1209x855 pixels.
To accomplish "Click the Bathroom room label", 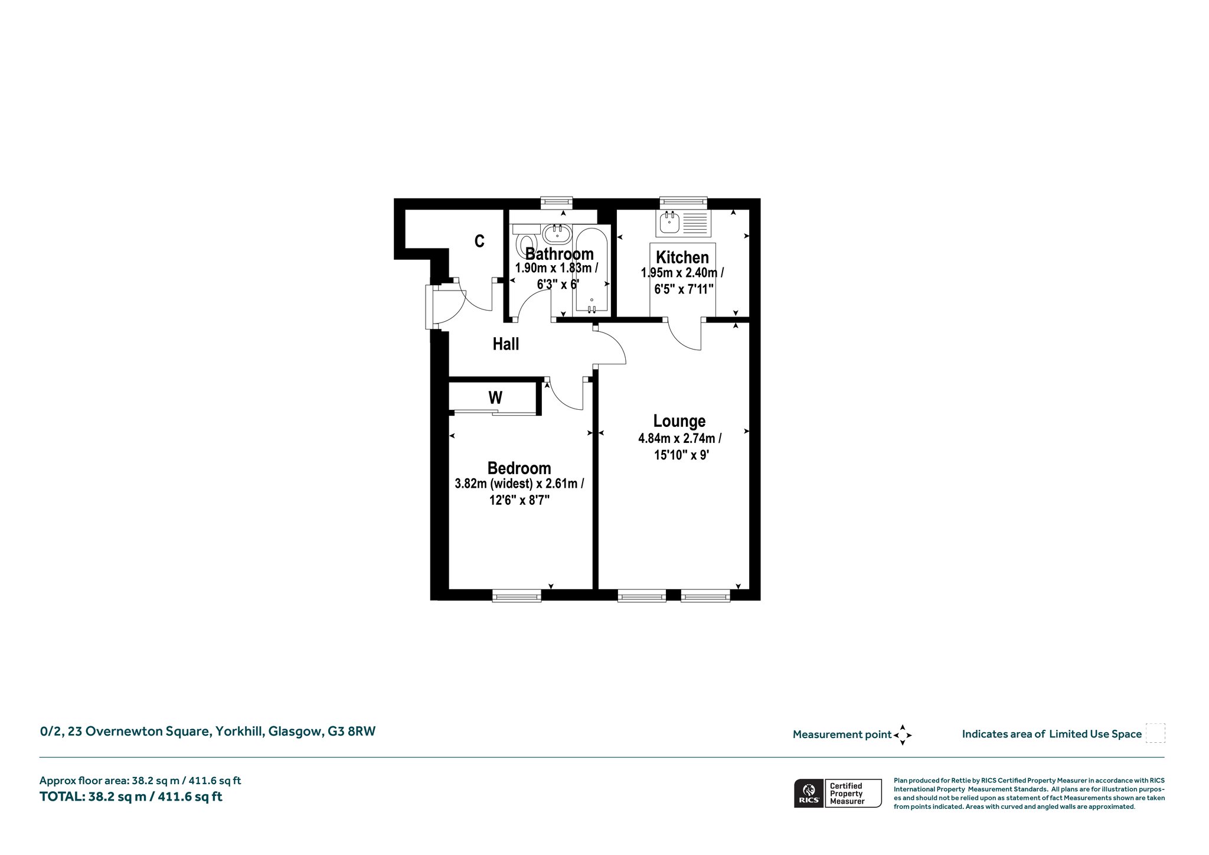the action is pos(559,254).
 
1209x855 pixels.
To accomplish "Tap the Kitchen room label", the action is pos(682,257).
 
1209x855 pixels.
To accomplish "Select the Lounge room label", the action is pos(679,421).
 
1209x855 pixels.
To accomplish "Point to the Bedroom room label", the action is pos(519,468).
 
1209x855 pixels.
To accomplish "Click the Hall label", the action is pos(506,344).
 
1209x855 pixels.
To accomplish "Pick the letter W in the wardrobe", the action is pos(495,398).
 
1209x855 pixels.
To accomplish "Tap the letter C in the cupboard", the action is pos(479,241).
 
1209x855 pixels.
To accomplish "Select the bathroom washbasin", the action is pos(557,234).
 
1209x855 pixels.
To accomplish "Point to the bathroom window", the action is pos(557,203).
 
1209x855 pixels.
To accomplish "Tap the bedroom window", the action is pos(517,596).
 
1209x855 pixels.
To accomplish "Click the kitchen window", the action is pos(683,203).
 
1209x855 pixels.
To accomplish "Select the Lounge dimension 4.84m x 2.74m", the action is pos(679,439).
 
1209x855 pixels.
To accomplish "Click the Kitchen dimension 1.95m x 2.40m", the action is pos(682,273).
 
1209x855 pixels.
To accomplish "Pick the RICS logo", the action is pos(808,793).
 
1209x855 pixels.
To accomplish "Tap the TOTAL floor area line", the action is pos(131,797).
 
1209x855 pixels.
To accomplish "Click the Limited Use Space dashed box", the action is pos(1155,733).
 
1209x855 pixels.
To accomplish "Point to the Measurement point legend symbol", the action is pos(903,735).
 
